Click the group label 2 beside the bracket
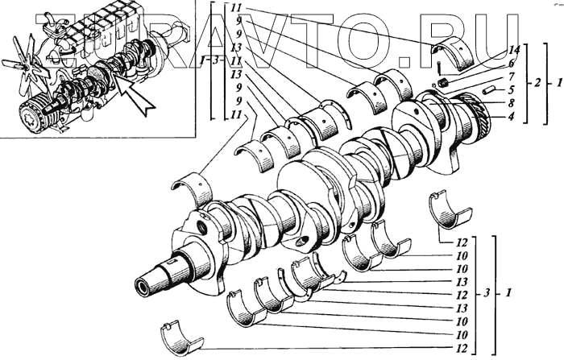pos(537,82)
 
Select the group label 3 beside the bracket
pos(486,293)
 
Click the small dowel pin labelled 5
pos(488,89)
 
